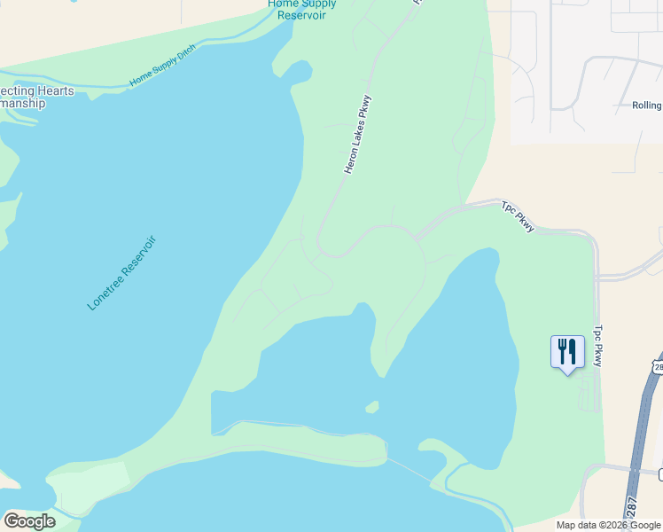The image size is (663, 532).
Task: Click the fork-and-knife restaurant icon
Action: pos(567,352)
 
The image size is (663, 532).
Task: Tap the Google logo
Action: pos(29,520)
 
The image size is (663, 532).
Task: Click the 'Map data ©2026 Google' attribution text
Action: pos(609,525)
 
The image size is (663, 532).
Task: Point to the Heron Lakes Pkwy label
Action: pos(357,134)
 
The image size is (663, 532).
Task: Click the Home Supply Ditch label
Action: pos(162,65)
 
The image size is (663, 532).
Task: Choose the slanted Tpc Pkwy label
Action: pos(519,216)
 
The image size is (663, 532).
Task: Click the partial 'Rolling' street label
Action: pos(646,105)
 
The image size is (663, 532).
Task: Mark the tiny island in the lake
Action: pos(372,407)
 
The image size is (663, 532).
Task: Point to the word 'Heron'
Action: pos(349,160)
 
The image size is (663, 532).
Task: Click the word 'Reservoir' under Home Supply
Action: pos(301,15)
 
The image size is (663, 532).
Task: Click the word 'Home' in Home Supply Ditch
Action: pos(140,80)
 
